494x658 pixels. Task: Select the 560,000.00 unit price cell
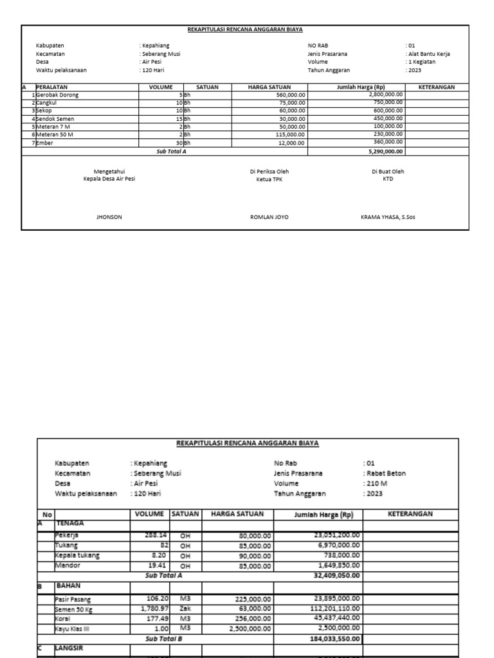[291, 94]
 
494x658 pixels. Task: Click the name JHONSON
[109, 217]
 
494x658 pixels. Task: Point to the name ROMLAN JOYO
[269, 217]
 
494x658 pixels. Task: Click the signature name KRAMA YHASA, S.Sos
[388, 217]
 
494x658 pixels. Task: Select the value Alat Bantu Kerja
[429, 54]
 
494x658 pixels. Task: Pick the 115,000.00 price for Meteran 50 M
[290, 134]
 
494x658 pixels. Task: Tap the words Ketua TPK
[269, 179]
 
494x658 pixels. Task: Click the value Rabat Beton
[386, 473]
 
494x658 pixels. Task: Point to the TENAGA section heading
[70, 523]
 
